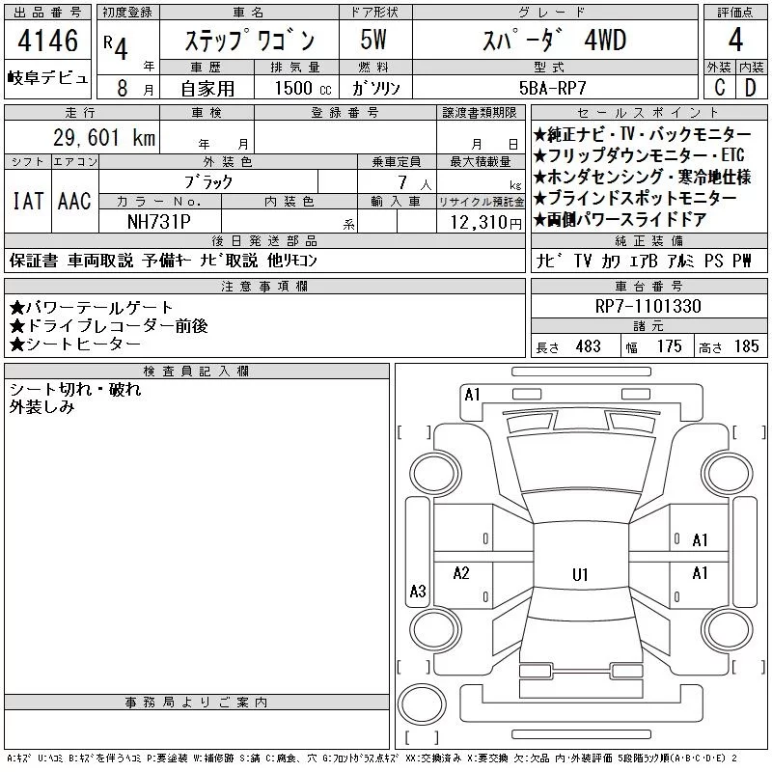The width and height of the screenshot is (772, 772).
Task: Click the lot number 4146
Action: [x=47, y=41]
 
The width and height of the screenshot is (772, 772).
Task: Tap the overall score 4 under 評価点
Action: [x=735, y=40]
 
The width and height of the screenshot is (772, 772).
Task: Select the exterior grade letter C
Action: [x=720, y=87]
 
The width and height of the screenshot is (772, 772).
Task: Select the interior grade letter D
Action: [x=751, y=87]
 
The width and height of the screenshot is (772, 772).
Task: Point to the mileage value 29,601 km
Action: [x=104, y=137]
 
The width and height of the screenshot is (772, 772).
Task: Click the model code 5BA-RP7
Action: [x=553, y=88]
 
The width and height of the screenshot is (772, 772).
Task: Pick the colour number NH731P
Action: [x=158, y=222]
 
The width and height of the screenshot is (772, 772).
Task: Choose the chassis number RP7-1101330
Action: [x=648, y=306]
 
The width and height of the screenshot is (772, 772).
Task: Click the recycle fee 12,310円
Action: [x=486, y=223]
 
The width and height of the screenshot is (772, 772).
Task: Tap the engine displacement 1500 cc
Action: [x=303, y=88]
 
